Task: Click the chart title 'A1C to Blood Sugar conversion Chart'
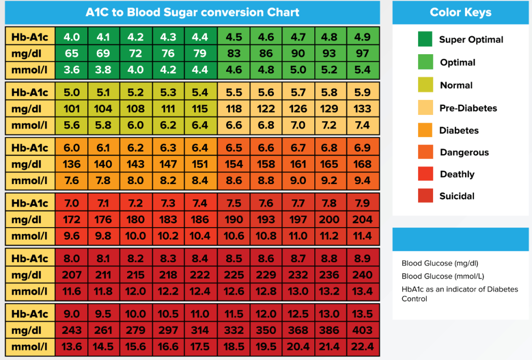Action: tap(193, 12)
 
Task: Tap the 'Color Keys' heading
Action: tap(461, 12)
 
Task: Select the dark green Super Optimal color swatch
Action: tap(425, 39)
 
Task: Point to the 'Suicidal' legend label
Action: tap(457, 196)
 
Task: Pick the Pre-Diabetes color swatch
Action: tap(425, 108)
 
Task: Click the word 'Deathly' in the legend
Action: tap(457, 174)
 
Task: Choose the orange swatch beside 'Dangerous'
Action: tap(425, 153)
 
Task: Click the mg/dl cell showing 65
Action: tap(72, 53)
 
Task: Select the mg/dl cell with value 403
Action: tap(362, 330)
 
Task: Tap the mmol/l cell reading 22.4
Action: tap(362, 347)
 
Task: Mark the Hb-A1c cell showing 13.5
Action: tap(362, 313)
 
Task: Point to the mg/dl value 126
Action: tap(298, 109)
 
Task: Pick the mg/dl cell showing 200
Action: tap(330, 219)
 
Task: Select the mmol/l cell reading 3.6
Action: tap(72, 69)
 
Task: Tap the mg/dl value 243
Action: tap(72, 330)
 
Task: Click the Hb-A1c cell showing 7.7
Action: tap(298, 203)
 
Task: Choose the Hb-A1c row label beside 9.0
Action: tap(30, 313)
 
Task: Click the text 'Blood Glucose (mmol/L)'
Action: tap(443, 276)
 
